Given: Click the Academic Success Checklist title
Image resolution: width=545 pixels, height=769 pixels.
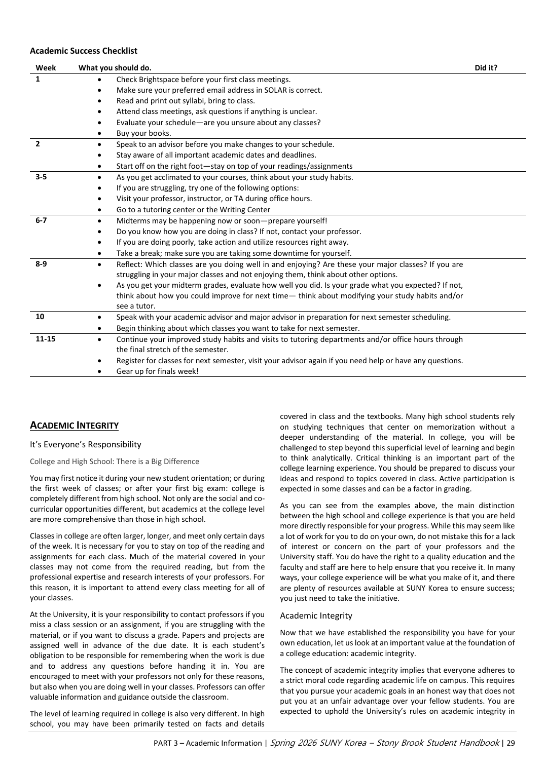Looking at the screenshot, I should [84, 51].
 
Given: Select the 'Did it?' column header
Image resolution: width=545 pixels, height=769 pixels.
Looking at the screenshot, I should [486, 68].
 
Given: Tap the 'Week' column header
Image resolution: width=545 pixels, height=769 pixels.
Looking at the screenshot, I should [46, 68].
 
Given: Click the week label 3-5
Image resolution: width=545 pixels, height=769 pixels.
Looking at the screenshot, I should [41, 177].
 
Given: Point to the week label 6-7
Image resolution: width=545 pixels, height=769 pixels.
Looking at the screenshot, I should [41, 220].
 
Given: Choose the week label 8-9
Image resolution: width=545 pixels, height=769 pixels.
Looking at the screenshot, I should [41, 264].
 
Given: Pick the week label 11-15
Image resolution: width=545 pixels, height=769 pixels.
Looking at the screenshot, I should [45, 339].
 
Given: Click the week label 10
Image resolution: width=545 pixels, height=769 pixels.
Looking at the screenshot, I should [40, 317].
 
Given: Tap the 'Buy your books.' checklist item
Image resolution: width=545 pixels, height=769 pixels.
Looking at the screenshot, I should [143, 133].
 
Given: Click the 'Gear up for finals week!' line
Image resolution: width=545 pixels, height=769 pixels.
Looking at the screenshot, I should [157, 371].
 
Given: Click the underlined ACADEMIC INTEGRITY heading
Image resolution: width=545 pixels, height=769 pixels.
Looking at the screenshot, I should [74, 426].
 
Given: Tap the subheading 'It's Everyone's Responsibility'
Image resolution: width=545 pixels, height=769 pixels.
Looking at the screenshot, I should [85, 444].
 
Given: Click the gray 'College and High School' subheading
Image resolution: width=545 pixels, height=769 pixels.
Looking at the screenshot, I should [114, 462].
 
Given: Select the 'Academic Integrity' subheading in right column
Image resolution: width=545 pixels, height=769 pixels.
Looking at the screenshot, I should [315, 616].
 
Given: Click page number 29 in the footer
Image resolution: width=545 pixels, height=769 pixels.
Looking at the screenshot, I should [511, 743].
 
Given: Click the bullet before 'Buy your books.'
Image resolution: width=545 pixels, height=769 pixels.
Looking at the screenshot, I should [99, 134].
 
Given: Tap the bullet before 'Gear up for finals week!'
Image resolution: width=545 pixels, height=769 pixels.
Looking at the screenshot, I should [99, 372].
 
